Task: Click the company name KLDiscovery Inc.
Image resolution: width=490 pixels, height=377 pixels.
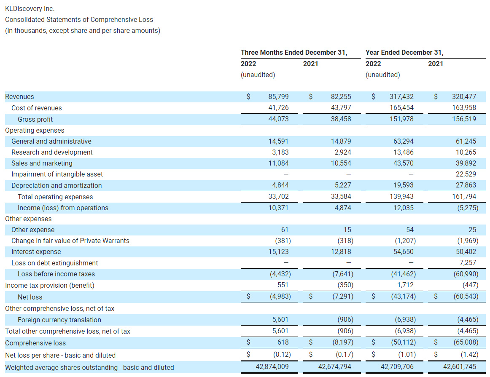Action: click(30, 8)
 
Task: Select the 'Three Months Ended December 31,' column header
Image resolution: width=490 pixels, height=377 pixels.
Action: click(294, 53)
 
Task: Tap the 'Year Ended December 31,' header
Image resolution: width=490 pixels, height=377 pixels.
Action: click(404, 53)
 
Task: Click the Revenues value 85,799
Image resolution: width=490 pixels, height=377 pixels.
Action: click(278, 97)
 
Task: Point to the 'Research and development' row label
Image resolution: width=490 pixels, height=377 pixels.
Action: click(52, 152)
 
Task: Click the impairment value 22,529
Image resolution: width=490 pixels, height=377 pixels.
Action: click(466, 174)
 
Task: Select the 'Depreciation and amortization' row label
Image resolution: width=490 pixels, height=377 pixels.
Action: click(57, 186)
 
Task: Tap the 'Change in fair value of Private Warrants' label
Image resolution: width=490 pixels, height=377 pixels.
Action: click(70, 241)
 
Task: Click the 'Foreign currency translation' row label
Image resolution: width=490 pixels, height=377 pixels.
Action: click(59, 320)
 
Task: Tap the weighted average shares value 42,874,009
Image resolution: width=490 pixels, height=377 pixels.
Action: click(272, 367)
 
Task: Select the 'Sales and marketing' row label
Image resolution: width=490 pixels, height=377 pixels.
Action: click(42, 163)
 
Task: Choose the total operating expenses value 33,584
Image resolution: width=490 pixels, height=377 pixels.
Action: click(341, 197)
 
